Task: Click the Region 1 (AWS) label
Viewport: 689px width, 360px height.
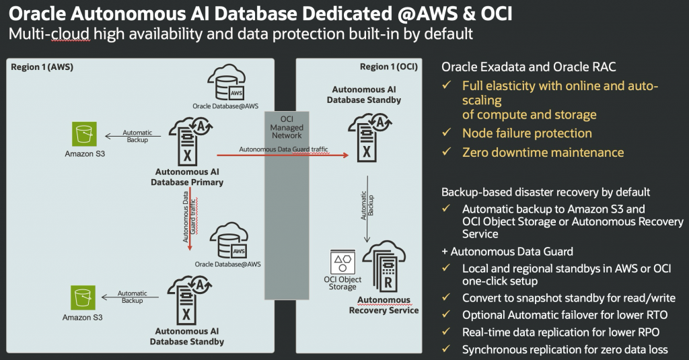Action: tap(42, 67)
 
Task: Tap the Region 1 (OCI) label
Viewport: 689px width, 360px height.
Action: tap(388, 67)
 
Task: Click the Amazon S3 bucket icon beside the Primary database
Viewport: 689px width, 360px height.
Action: tap(84, 134)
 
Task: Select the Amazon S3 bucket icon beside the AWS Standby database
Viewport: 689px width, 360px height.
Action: tap(83, 297)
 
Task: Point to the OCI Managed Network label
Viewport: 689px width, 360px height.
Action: tap(287, 127)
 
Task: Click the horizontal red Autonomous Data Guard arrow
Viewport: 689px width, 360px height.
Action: tap(283, 155)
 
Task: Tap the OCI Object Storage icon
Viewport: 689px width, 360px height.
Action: tap(342, 262)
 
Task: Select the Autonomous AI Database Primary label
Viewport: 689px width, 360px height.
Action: tap(187, 177)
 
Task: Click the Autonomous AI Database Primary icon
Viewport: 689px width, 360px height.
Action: tap(190, 141)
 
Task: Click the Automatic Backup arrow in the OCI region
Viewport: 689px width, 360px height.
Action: tap(367, 209)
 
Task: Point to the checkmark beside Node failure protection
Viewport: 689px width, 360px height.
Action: tap(447, 133)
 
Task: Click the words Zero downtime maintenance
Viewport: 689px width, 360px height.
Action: tap(543, 153)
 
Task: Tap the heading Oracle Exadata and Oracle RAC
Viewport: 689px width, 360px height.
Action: tap(529, 67)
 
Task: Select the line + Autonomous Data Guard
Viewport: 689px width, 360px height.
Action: tap(507, 252)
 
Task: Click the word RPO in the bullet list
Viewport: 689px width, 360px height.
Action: tap(647, 332)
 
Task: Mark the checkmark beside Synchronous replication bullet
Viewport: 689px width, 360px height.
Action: tap(446, 349)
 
